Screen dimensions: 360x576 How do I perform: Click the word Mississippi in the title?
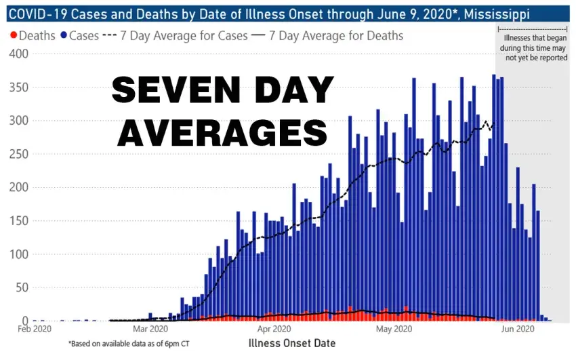tap(494, 14)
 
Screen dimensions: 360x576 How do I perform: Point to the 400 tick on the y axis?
tap(14, 54)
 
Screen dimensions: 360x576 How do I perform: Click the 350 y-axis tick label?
tap(14, 87)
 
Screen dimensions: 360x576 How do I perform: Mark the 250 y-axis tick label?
tap(14, 154)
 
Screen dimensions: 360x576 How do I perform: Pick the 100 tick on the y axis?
tap(14, 254)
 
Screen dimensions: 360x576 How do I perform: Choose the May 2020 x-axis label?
tap(393, 329)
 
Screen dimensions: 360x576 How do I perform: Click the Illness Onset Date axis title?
tap(292, 343)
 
